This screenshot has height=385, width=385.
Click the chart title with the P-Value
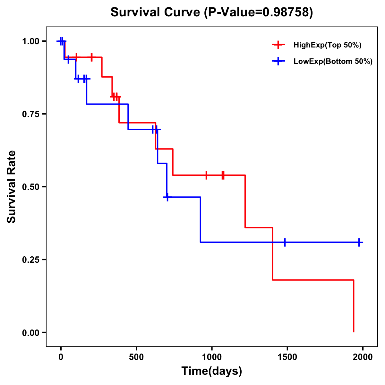211,13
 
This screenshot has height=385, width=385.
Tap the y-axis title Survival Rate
12,186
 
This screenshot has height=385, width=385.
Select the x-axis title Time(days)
211,371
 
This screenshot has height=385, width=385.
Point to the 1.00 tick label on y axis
30,41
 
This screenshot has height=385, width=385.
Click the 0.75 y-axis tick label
30,114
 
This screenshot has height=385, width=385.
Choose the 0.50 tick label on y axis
30,187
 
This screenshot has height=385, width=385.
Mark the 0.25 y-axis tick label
30,260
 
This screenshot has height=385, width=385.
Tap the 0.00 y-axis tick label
30,333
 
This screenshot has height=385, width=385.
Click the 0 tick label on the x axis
61,357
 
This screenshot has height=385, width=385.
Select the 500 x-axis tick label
136,357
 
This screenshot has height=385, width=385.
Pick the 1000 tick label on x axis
212,357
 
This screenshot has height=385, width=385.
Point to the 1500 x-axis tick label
287,357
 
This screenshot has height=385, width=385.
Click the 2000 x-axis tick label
363,357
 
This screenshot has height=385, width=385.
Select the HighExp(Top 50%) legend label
327,45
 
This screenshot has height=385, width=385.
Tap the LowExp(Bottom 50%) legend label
333,62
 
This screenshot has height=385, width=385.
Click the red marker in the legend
278,45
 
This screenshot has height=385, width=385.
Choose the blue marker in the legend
278,61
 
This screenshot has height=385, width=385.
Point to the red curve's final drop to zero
354,306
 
